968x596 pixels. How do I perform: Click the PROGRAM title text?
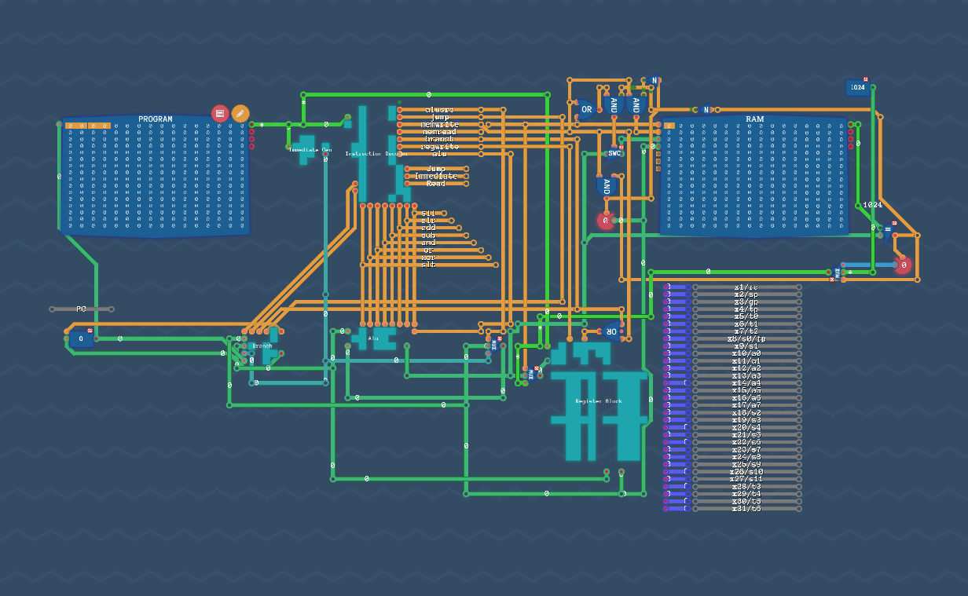coord(155,119)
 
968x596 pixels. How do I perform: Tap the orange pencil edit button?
coord(240,113)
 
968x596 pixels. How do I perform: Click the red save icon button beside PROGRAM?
coord(220,113)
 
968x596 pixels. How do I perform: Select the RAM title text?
coord(754,119)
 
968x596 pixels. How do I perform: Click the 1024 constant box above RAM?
coord(857,88)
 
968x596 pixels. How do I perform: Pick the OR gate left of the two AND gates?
coord(586,110)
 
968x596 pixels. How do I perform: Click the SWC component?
coord(614,153)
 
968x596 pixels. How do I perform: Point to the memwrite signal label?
coord(439,125)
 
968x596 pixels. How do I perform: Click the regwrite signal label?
coord(439,147)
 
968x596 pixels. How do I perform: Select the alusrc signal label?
coord(439,110)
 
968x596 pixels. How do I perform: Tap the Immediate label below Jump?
coord(435,176)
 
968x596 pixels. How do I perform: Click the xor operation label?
coord(428,258)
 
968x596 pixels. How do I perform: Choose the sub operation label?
coord(428,236)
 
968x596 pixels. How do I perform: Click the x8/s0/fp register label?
coord(746,339)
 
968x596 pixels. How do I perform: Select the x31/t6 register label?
coord(746,509)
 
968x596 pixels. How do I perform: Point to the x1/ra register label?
coord(746,287)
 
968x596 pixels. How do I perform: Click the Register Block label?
coord(598,401)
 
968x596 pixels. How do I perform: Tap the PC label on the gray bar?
coord(81,309)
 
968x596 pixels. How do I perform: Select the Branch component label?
coord(262,346)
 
